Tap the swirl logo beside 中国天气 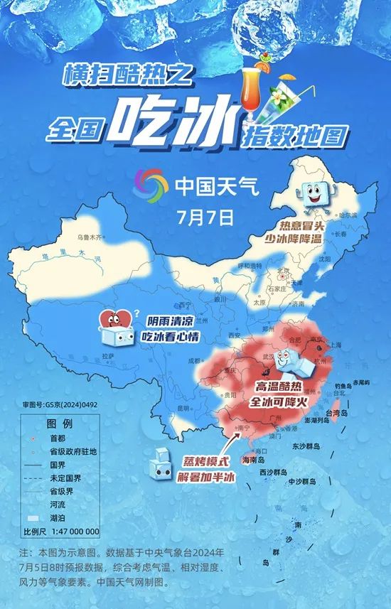coord(151,185)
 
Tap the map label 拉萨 coord(107,355)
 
